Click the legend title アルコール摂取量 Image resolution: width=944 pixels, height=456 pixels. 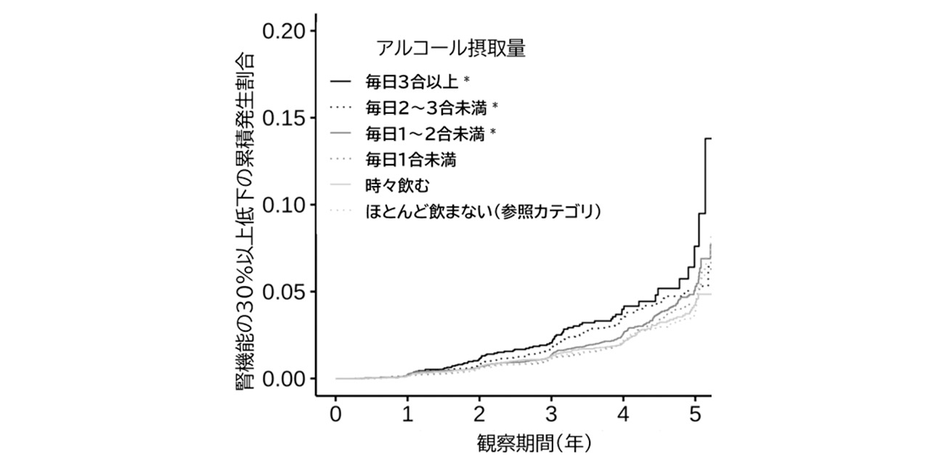click(x=450, y=49)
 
